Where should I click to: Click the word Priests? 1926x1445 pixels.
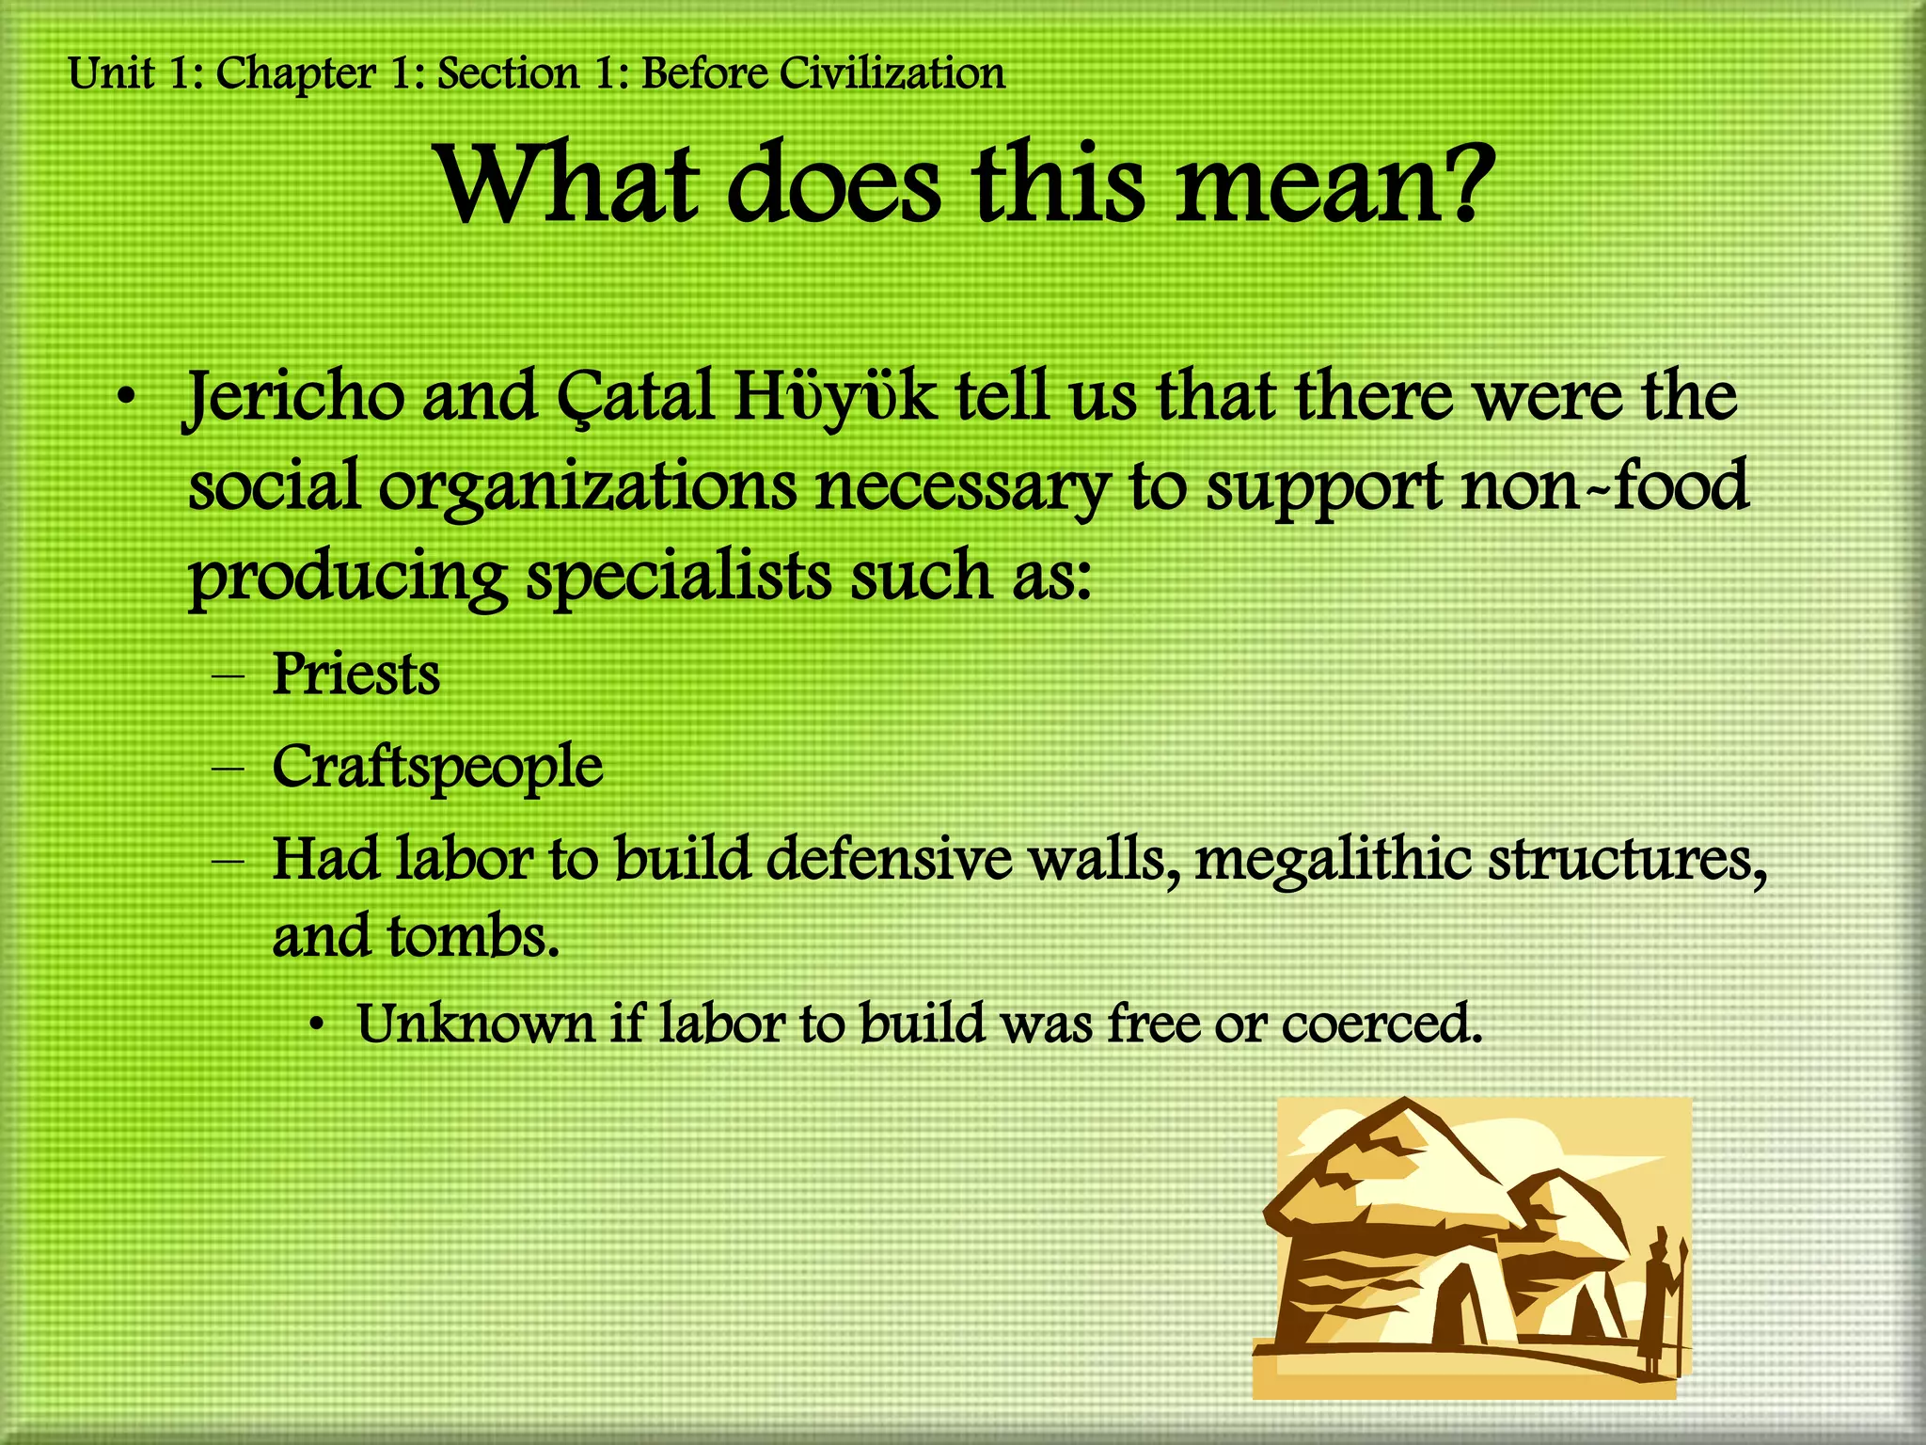tap(355, 675)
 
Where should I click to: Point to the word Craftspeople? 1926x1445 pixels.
tap(437, 768)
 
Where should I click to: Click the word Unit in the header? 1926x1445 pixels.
tap(111, 73)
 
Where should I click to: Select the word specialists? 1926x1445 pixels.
tap(678, 576)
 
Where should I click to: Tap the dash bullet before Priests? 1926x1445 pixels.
tap(228, 676)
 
